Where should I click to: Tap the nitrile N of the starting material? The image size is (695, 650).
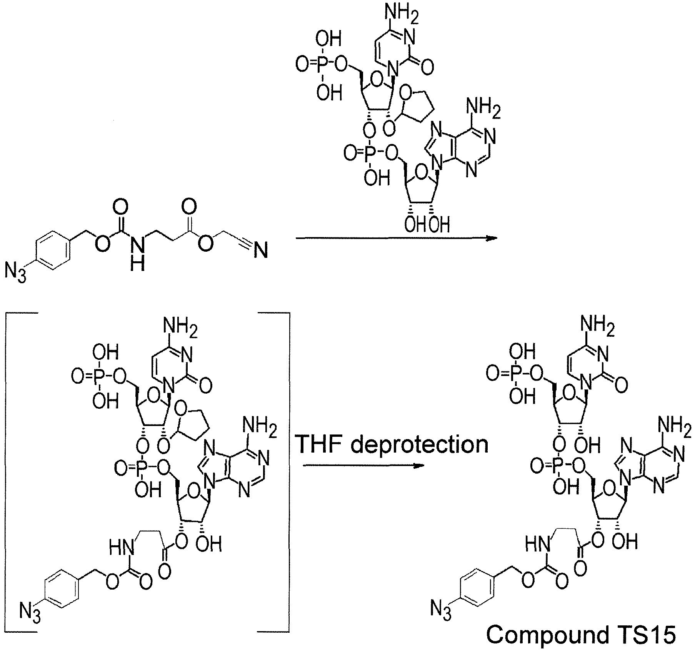coord(261,252)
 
